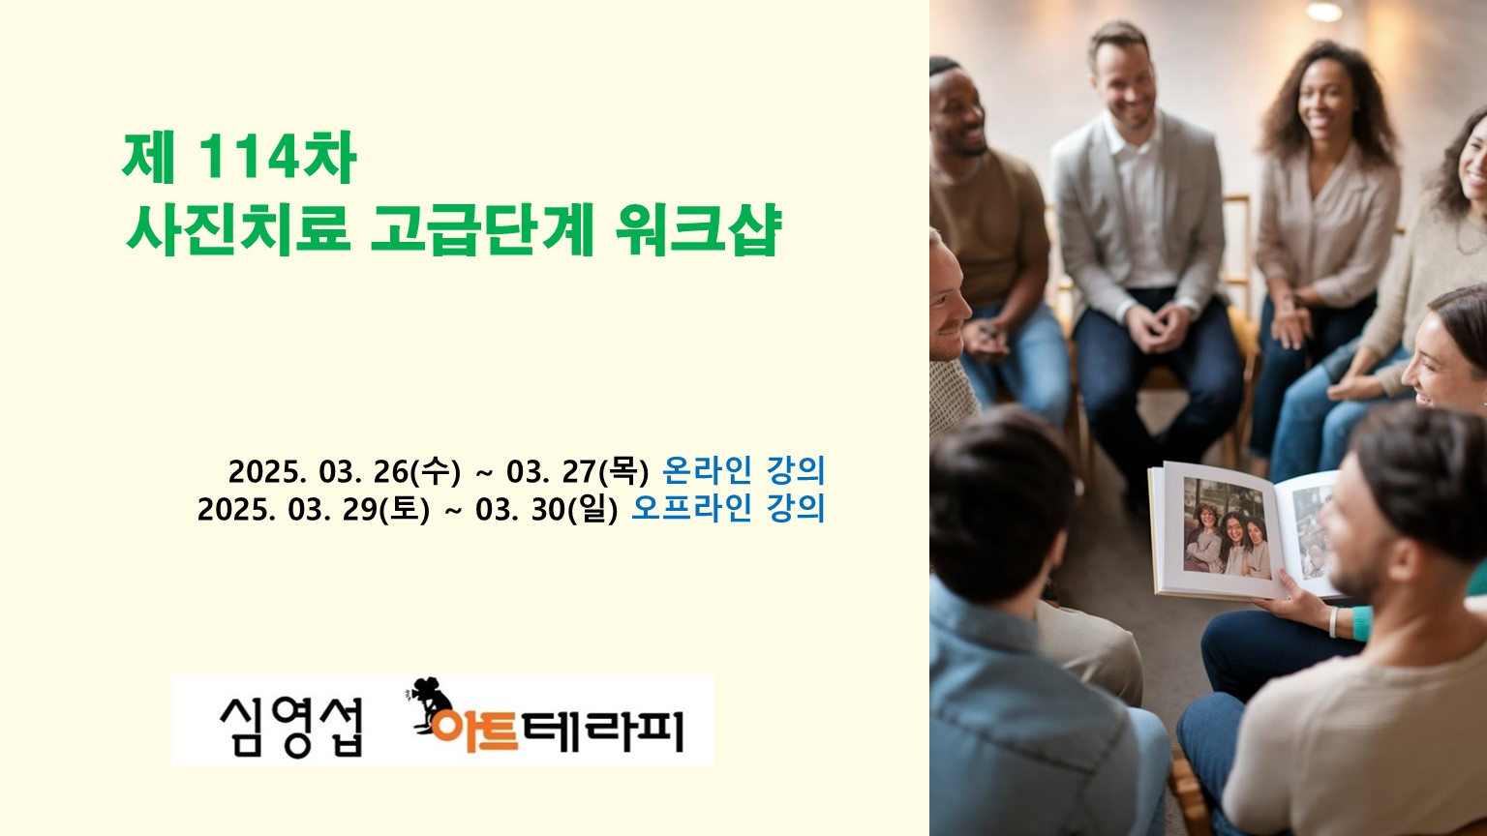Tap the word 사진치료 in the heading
click(x=237, y=229)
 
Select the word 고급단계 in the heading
click(x=481, y=229)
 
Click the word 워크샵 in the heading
click(x=698, y=229)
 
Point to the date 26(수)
click(x=417, y=471)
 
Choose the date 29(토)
click(x=385, y=509)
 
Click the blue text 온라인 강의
click(x=743, y=470)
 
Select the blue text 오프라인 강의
click(x=728, y=508)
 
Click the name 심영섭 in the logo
click(x=291, y=728)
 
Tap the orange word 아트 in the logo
click(x=474, y=731)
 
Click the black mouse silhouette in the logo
click(x=429, y=704)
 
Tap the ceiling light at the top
click(x=1324, y=12)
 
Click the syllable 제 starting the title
click(x=149, y=158)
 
